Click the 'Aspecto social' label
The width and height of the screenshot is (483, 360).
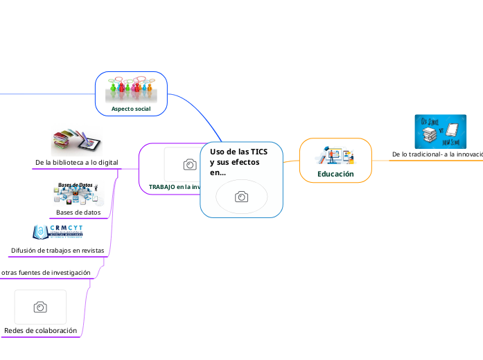pyautogui.click(x=131, y=109)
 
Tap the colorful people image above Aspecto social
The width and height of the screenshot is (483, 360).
pyautogui.click(x=131, y=89)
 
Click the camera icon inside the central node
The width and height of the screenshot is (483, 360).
pyautogui.click(x=241, y=197)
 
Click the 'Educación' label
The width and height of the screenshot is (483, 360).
pyautogui.click(x=335, y=174)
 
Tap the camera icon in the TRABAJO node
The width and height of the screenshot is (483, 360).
pyautogui.click(x=188, y=164)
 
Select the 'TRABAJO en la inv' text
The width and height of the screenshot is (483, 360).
pyautogui.click(x=174, y=187)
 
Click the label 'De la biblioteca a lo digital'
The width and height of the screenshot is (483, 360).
pyautogui.click(x=76, y=162)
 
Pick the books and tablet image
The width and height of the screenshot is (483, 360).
pyautogui.click(x=76, y=141)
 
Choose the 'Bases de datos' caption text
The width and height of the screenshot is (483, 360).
pyautogui.click(x=78, y=212)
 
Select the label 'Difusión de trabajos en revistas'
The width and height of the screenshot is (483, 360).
pyautogui.click(x=58, y=250)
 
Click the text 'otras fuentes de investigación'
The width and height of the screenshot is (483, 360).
pyautogui.click(x=46, y=273)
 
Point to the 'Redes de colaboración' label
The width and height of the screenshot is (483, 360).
pyautogui.click(x=40, y=331)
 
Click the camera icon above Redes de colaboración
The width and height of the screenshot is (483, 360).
pyautogui.click(x=40, y=307)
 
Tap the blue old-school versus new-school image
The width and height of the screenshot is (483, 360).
pyautogui.click(x=440, y=132)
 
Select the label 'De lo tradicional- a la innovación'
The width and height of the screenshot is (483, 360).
pyautogui.click(x=437, y=154)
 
